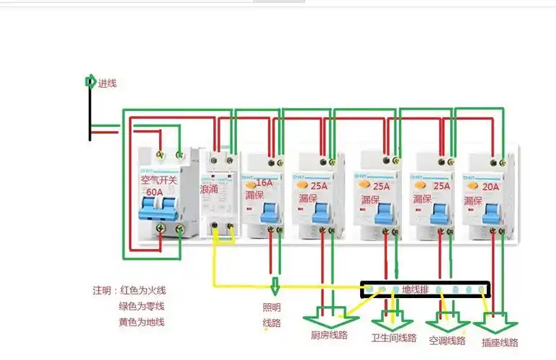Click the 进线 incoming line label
(x=107, y=83)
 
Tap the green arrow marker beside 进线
(x=90, y=81)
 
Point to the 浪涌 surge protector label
(x=211, y=189)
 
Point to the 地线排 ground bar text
(x=416, y=289)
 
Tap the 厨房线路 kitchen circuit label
(x=329, y=335)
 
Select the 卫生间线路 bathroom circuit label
(x=393, y=338)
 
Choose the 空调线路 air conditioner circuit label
(x=447, y=340)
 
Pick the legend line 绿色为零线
(x=142, y=306)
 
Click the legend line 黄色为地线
(x=142, y=322)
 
